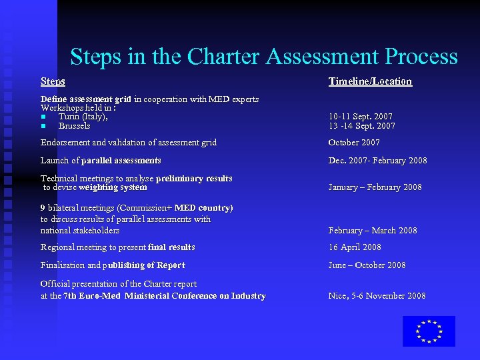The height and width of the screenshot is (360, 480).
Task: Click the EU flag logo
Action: pos(429,331)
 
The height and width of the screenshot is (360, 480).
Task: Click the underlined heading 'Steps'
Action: pos(53,81)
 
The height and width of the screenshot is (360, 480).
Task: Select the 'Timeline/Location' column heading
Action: pos(370,81)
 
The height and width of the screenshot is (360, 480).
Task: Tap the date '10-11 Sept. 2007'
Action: pos(361,117)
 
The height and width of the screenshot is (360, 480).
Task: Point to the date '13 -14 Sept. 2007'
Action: pos(361,126)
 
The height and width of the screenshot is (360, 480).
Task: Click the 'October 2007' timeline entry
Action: pos(354,143)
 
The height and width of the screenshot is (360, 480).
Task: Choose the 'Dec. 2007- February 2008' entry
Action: pos(377,161)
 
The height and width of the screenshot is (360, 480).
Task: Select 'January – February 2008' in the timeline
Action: pos(375,187)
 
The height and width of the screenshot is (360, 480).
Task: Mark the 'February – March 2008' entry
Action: pos(373,231)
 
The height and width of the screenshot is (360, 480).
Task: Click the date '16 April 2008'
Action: pos(355,247)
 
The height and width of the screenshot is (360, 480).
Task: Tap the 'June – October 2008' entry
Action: pos(367,265)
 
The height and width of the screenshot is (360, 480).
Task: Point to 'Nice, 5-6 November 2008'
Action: pos(377,296)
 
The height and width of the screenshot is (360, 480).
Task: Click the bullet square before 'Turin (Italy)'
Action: pos(43,117)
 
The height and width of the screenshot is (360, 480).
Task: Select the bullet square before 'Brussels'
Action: pos(43,126)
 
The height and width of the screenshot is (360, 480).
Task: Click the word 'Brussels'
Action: pos(74,126)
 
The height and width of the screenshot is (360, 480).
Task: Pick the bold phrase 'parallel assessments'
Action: pos(121,161)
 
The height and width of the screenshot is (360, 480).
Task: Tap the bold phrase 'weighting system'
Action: pos(113,187)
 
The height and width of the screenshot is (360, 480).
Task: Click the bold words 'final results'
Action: pos(171,247)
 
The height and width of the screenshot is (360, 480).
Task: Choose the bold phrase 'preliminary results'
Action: pos(194,179)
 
